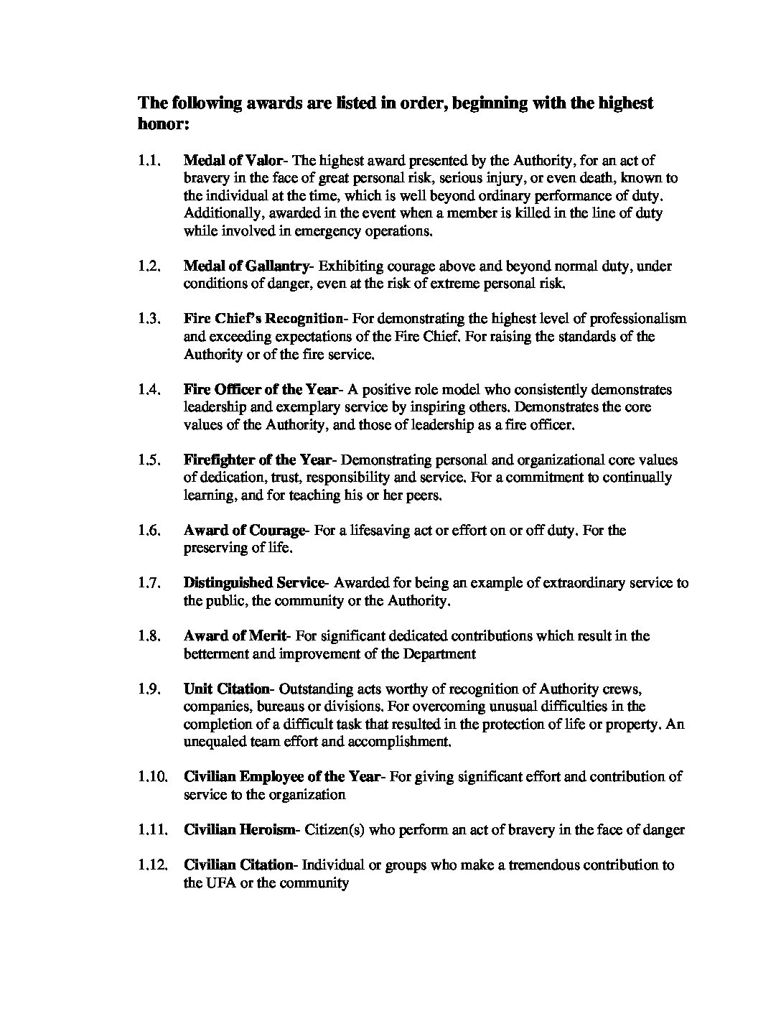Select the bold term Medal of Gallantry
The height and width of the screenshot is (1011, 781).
coord(246,266)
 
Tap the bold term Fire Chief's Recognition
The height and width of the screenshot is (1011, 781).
coord(263,319)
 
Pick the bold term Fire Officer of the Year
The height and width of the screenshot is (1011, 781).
coord(260,390)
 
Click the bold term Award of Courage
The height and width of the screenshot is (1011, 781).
coord(244,531)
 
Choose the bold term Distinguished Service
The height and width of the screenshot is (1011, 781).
coord(254,583)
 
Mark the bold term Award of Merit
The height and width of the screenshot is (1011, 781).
coord(235,636)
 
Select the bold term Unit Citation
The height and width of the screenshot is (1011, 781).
coord(226,689)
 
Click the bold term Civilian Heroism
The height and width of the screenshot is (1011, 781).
coord(239,830)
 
